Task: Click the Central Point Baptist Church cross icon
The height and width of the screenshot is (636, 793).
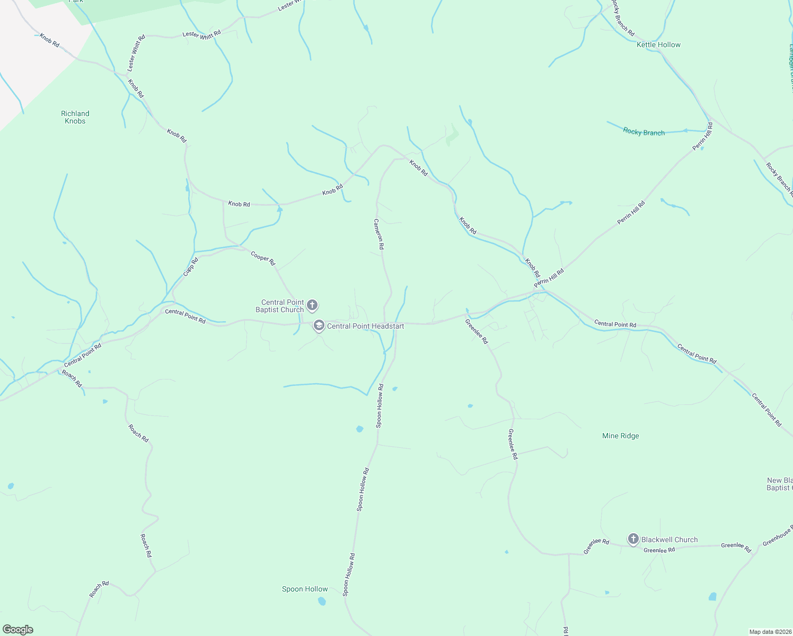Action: coord(312,305)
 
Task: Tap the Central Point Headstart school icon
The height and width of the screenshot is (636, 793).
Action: coord(319,325)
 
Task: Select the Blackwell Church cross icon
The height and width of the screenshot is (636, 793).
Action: coord(633,539)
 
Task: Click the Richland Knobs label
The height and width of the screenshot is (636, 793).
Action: coord(75,117)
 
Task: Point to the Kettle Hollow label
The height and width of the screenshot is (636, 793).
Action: coord(658,45)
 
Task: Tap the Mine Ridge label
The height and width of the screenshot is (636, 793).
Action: coord(620,436)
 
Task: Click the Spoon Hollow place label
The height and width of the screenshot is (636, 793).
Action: coord(305,589)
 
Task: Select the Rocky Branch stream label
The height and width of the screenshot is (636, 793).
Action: coord(644,132)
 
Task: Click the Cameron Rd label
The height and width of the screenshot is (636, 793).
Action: coord(378,234)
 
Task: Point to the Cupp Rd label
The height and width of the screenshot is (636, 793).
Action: coord(190,267)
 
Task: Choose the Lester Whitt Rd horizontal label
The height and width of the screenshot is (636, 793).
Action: coord(201,34)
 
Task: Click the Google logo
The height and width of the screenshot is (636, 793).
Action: coord(17,630)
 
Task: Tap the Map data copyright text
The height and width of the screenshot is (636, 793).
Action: coord(770,632)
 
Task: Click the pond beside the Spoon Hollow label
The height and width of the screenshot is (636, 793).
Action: coord(322,601)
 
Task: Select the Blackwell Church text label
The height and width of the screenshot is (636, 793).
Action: coord(669,540)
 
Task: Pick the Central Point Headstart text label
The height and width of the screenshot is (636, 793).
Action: coord(365,326)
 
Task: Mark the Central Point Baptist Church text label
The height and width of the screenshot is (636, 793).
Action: coord(280,306)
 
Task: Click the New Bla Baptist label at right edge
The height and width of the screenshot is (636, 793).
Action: coord(779,484)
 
